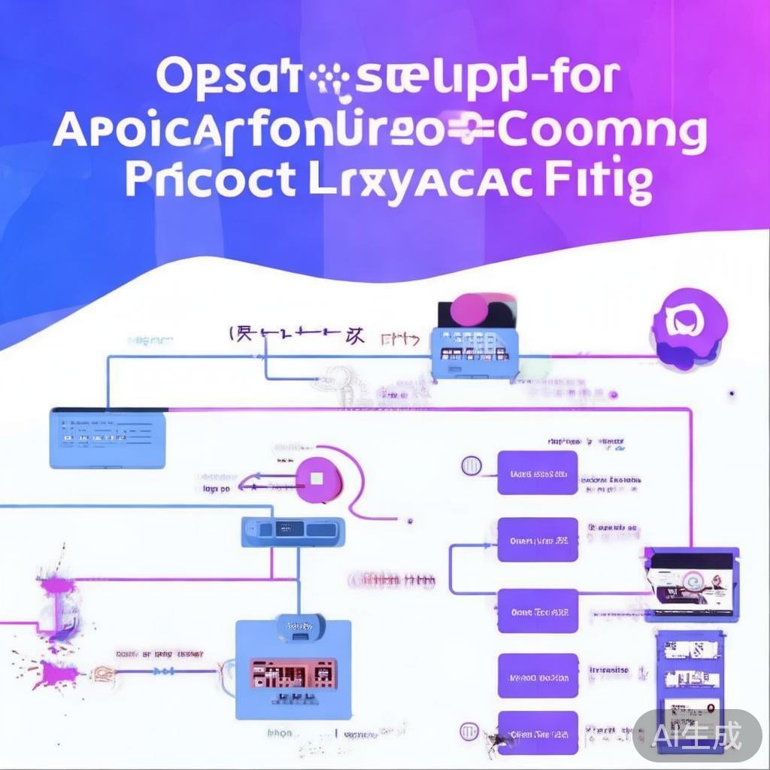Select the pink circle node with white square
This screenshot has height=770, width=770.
(318, 478)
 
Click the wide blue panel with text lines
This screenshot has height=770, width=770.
(108, 438)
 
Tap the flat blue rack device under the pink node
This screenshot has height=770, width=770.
(293, 531)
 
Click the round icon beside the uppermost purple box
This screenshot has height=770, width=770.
(472, 465)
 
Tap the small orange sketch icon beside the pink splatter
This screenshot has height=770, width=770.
(103, 671)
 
